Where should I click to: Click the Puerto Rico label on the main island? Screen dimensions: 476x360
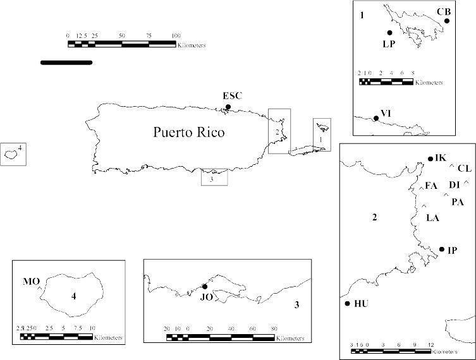pos(189,133)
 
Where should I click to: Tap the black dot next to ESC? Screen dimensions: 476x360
pos(228,107)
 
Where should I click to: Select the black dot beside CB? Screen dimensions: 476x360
pos(446,21)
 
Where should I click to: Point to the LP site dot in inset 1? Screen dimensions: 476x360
pos(389,33)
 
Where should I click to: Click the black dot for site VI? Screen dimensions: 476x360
pos(375,118)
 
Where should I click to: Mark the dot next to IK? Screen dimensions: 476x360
pos(430,159)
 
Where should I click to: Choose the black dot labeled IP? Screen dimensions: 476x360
pos(441,249)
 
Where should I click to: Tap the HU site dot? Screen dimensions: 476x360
pos(347,304)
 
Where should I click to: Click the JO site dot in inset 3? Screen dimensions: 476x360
pos(204,286)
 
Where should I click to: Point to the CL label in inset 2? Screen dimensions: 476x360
pos(464,168)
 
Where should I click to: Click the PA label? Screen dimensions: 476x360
pos(458,202)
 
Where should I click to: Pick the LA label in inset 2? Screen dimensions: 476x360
pos(432,218)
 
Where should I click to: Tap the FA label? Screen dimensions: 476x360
pos(431,186)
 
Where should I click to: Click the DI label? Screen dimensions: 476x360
pos(455,184)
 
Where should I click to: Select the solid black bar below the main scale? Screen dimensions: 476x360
pos(66,62)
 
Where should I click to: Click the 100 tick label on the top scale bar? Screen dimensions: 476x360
pos(176,35)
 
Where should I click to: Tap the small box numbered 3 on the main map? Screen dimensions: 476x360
pos(214,177)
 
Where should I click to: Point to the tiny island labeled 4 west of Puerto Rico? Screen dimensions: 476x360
pos(11,153)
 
